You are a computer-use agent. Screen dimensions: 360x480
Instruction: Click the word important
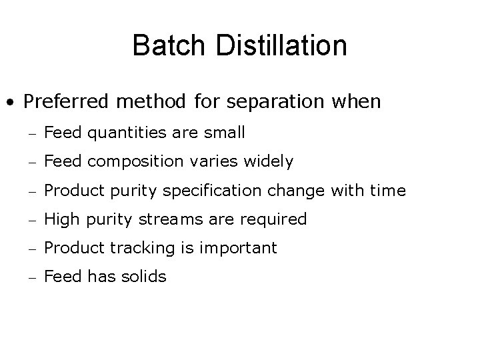coord(239,248)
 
